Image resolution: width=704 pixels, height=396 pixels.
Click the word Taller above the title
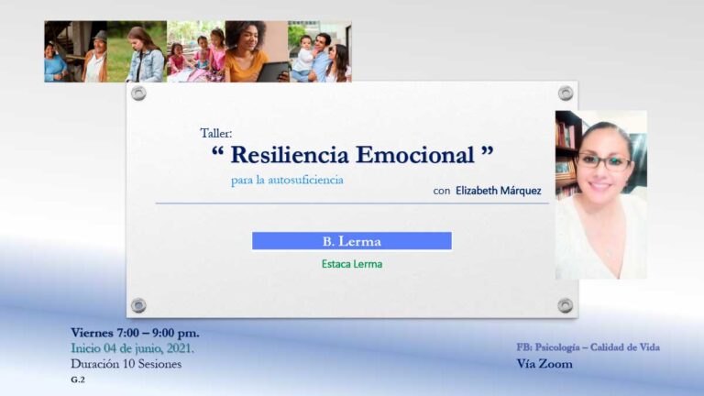coord(216,133)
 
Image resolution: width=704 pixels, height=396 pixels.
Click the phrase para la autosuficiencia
coord(287,180)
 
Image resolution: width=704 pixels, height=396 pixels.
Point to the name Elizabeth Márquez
coord(500,191)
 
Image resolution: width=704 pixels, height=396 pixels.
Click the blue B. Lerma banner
coord(352,241)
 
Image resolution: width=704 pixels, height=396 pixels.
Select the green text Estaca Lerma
coord(352,264)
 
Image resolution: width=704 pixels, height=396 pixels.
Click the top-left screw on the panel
coord(138,93)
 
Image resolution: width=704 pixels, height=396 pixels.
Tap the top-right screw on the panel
coord(566,93)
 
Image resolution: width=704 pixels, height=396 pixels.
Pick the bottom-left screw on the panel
coord(138,304)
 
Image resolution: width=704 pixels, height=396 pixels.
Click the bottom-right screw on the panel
coord(566,304)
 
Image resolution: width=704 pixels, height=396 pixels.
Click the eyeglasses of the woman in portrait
coord(604,161)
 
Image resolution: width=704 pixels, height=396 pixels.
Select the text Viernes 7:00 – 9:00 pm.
coord(135,332)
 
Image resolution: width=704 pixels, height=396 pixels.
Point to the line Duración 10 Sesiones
coord(126,364)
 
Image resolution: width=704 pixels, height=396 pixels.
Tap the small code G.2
coord(78,379)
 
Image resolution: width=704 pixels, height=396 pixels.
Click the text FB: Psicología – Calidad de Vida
coord(588,346)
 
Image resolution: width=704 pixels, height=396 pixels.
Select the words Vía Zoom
coord(544,364)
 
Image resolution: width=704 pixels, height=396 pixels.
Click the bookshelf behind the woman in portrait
coord(566,151)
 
